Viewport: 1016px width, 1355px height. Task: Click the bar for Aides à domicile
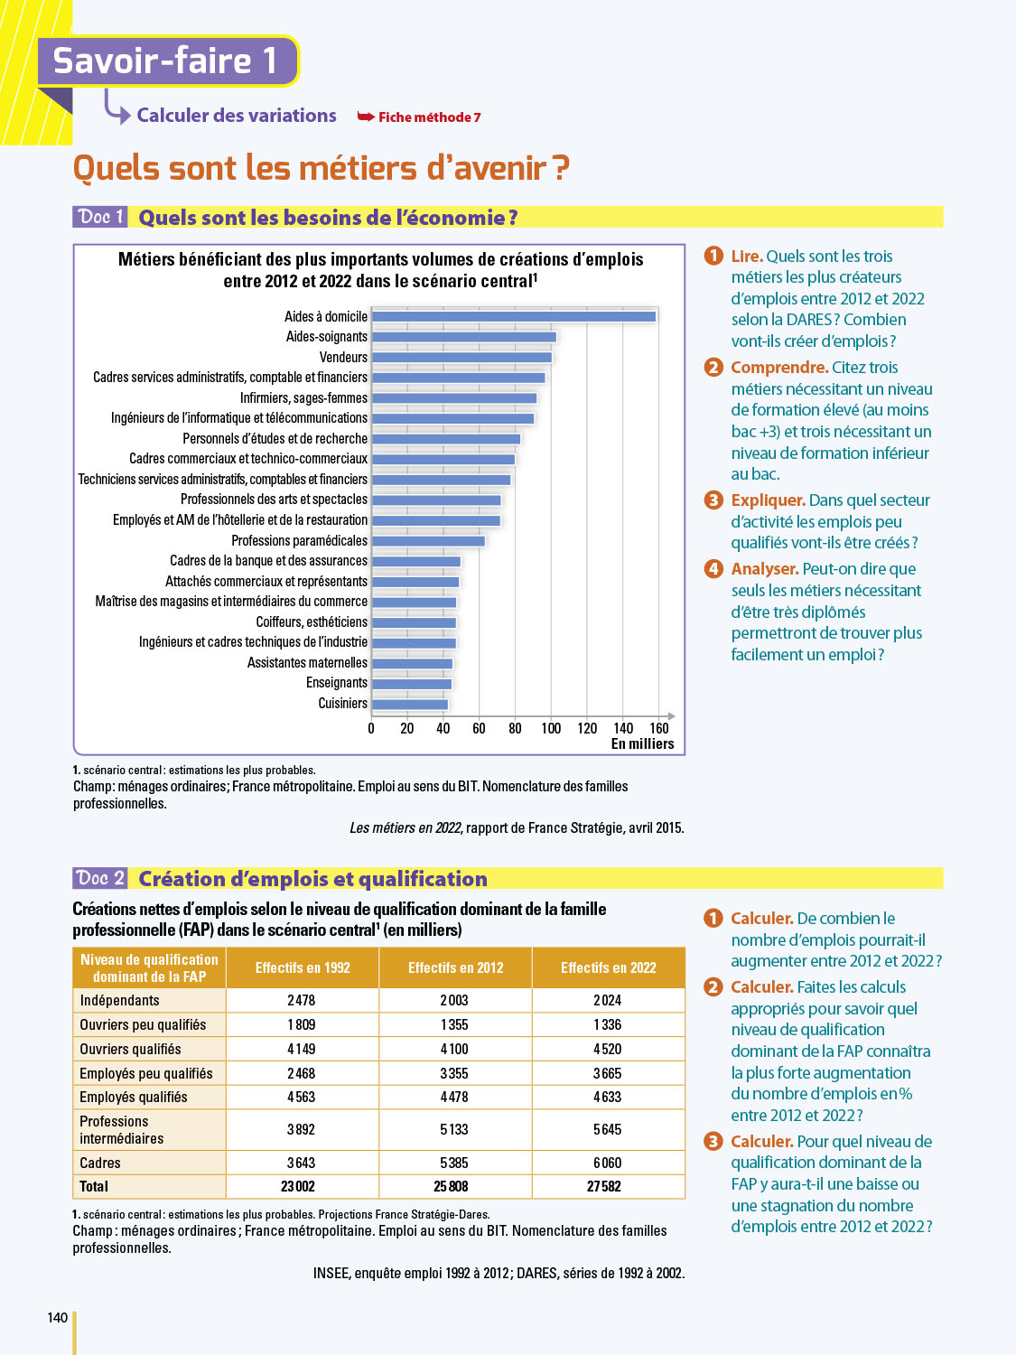pos(514,316)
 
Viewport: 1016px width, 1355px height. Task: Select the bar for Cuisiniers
pos(410,705)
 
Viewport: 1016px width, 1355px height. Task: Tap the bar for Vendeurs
pos(461,358)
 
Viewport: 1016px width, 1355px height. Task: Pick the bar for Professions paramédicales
pos(428,541)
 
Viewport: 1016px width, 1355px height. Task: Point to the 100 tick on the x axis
pos(551,728)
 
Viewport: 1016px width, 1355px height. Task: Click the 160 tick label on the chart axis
pos(659,728)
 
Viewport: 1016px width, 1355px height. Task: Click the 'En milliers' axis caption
pos(642,743)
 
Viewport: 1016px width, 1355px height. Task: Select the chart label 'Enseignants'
pos(337,683)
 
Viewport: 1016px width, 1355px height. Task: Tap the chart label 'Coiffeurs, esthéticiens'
pos(312,621)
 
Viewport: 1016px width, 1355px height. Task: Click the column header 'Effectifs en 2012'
pos(455,967)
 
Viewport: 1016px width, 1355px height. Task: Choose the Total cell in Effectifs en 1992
pos(302,1186)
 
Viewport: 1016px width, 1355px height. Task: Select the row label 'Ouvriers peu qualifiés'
pos(143,1024)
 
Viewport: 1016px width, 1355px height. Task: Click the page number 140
pos(57,1317)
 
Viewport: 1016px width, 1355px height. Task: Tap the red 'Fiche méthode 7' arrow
pos(366,117)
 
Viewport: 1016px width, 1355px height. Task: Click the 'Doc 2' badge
pos(100,878)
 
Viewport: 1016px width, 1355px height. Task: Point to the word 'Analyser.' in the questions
pos(764,569)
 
